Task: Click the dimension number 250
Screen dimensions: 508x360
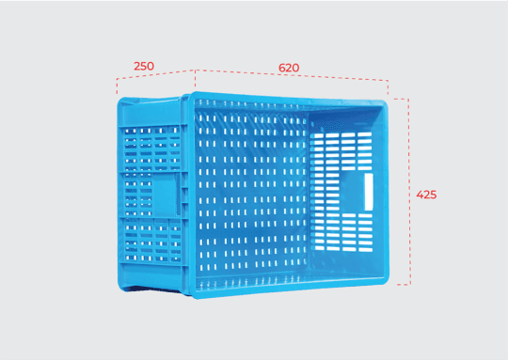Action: (x=144, y=66)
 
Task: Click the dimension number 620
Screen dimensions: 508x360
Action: (x=289, y=68)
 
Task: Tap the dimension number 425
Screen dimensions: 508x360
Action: (x=426, y=195)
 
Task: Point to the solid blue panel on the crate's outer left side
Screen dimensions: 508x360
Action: (x=167, y=195)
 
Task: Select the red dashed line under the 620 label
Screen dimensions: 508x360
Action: (x=292, y=82)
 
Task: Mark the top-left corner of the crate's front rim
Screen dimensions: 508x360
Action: (x=195, y=95)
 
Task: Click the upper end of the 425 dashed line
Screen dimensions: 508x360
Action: (x=408, y=99)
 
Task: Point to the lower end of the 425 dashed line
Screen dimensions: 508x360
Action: (x=408, y=283)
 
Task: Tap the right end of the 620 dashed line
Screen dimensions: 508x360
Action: (x=388, y=83)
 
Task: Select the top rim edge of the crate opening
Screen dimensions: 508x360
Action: (x=292, y=101)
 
